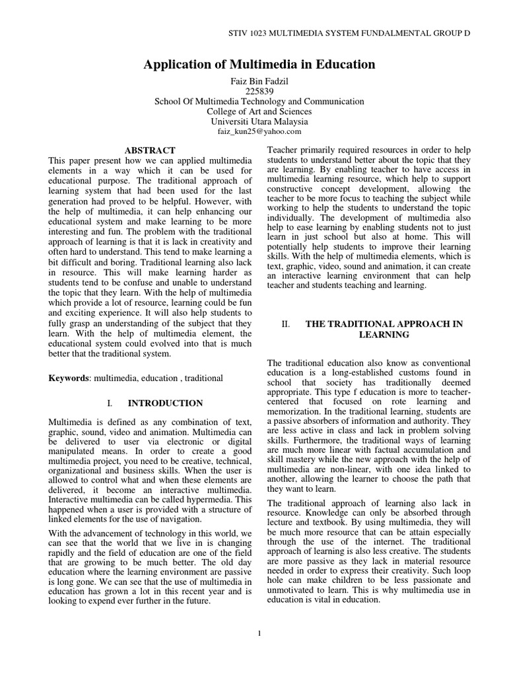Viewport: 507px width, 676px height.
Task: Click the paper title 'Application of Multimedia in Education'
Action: [259, 65]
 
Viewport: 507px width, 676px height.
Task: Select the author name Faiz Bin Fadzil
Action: [259, 81]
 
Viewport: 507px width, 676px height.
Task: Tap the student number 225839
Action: [259, 91]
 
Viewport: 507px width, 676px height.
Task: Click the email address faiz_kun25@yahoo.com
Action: [259, 131]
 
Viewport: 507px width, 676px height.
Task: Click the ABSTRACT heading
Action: [150, 151]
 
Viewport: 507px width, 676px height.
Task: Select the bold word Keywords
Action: [69, 378]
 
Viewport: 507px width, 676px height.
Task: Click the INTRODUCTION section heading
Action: [165, 403]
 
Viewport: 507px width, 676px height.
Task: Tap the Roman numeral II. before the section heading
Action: [286, 323]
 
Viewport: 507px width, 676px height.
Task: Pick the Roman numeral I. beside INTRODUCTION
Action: [110, 403]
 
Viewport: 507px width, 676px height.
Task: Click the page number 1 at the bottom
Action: [259, 634]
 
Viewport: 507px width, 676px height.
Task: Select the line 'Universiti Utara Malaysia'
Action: [259, 121]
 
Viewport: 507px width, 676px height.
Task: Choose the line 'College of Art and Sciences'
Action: [259, 112]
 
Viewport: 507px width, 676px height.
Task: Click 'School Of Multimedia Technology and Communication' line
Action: [259, 102]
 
